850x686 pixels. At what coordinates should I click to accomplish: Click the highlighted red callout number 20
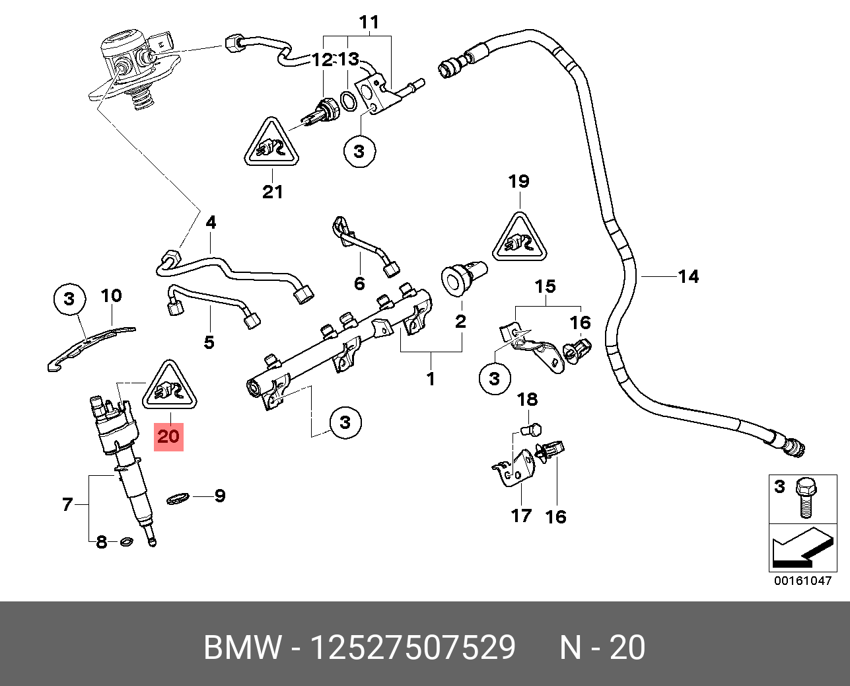click(168, 436)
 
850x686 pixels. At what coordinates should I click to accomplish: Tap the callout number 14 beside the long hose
click(688, 276)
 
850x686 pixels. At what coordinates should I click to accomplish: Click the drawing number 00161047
click(802, 581)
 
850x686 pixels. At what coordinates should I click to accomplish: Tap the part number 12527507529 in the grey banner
click(413, 648)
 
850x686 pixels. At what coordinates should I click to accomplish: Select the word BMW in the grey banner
click(242, 648)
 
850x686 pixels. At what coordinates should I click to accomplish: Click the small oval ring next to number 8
click(125, 543)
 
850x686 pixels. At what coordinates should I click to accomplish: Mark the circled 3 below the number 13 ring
click(359, 151)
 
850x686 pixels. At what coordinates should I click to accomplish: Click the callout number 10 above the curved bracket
click(112, 295)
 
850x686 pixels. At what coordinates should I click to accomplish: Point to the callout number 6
click(359, 284)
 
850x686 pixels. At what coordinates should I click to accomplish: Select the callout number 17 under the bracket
click(521, 515)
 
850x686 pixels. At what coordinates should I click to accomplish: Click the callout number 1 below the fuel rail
click(431, 379)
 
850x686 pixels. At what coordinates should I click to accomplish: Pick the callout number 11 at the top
click(369, 22)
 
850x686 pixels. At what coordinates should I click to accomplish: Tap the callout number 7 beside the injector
click(67, 505)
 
